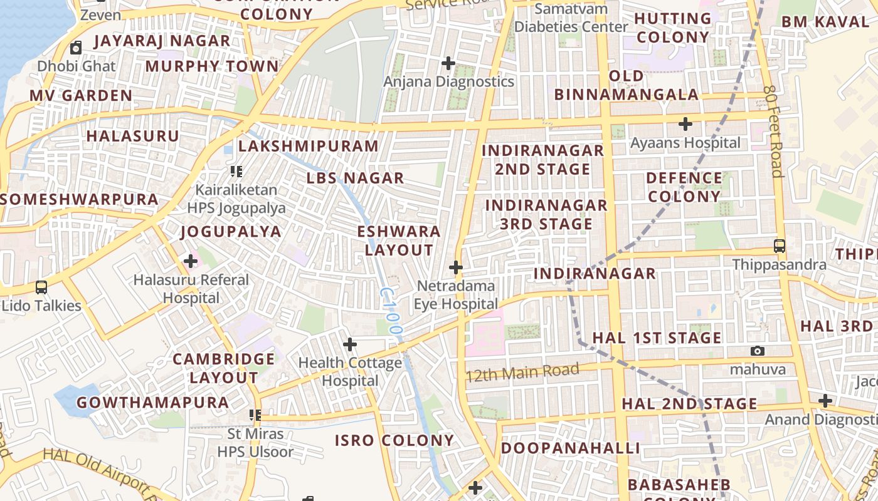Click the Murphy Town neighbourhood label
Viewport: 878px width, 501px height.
pos(212,66)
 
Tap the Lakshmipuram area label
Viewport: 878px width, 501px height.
pos(309,147)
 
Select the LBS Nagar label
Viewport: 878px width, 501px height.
pos(355,178)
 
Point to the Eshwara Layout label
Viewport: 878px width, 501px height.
pos(399,240)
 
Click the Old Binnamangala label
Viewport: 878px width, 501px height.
pos(626,86)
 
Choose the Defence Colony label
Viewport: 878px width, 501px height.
pos(684,187)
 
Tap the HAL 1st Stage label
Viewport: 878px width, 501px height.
pos(657,338)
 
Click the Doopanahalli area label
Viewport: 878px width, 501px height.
pos(570,448)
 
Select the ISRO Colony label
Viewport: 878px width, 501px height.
pos(394,440)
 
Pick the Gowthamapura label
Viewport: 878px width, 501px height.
pos(152,403)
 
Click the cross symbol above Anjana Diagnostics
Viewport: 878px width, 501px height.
pos(448,63)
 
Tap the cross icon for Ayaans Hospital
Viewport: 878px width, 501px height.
pos(685,124)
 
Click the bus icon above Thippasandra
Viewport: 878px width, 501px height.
pos(780,246)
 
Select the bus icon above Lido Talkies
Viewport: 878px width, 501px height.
pos(41,287)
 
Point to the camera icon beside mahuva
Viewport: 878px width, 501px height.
pos(758,351)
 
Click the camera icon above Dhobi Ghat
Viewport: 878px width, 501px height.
pos(76,48)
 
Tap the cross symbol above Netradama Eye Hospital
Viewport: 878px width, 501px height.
pos(456,268)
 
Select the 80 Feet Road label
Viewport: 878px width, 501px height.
pos(774,132)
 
